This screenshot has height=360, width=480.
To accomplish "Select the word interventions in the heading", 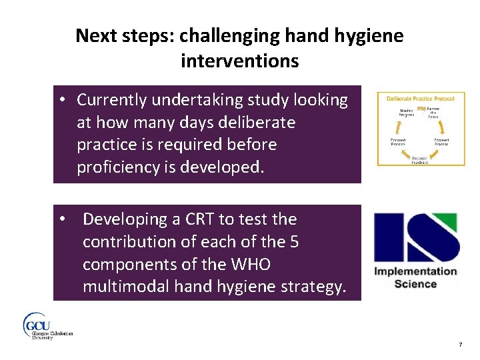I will coord(239,61).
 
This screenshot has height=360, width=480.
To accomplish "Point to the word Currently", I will coord(112,100).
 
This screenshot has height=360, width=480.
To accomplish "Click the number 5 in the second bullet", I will coord(293,242).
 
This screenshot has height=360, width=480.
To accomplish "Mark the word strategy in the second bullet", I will coord(311,287).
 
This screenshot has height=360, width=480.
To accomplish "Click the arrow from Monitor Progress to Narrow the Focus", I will coord(420,109).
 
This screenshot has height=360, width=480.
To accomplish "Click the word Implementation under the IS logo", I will coord(415,271).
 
